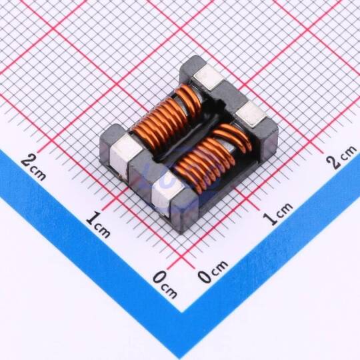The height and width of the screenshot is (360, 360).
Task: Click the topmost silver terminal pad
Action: (x=208, y=77)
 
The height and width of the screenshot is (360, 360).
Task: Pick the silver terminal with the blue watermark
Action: (x=167, y=193)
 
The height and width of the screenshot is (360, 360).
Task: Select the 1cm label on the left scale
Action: (x=98, y=225)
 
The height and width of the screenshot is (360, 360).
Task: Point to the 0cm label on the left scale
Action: (x=165, y=284)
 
